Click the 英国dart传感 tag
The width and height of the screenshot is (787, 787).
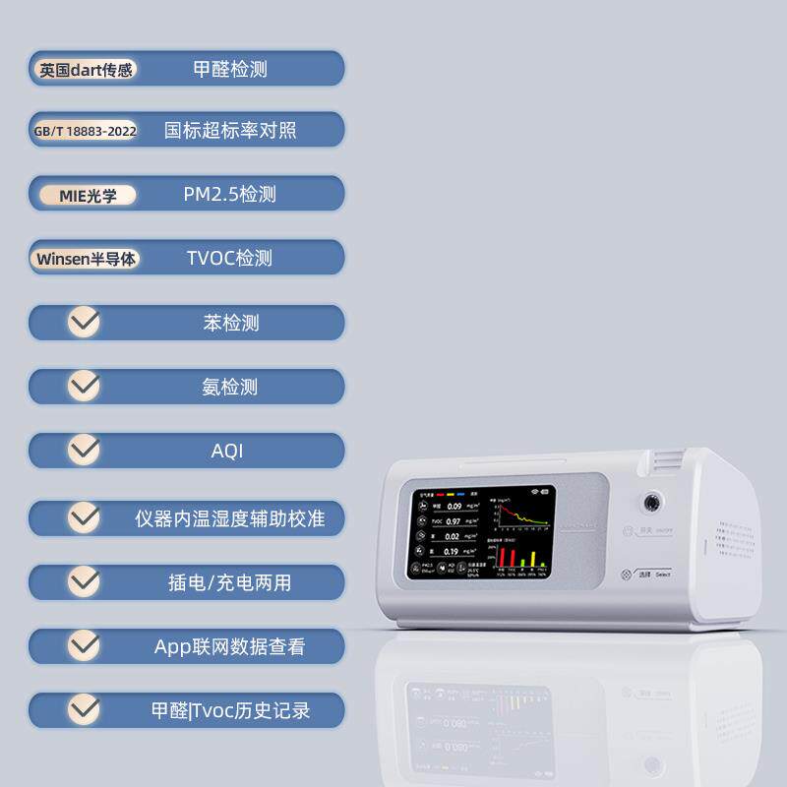(86, 70)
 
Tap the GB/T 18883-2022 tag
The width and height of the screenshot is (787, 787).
(86, 130)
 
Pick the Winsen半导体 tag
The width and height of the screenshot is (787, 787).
(87, 259)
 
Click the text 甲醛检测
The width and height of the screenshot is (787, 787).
(230, 70)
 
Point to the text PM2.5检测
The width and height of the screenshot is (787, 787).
(229, 195)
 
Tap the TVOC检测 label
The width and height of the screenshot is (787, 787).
(229, 259)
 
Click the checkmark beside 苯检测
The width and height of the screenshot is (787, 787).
(85, 322)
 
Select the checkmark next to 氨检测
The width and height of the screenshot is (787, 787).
(85, 387)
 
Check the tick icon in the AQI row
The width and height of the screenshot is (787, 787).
(85, 451)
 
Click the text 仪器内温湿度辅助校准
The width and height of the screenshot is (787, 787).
(230, 517)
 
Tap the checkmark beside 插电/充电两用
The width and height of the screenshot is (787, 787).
(85, 581)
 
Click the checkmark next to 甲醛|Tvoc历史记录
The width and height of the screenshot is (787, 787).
(85, 709)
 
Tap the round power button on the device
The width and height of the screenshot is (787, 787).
(650, 503)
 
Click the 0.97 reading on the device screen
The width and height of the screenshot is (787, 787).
(454, 521)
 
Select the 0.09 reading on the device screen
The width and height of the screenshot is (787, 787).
(454, 505)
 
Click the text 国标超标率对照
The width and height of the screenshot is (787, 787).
(229, 130)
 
